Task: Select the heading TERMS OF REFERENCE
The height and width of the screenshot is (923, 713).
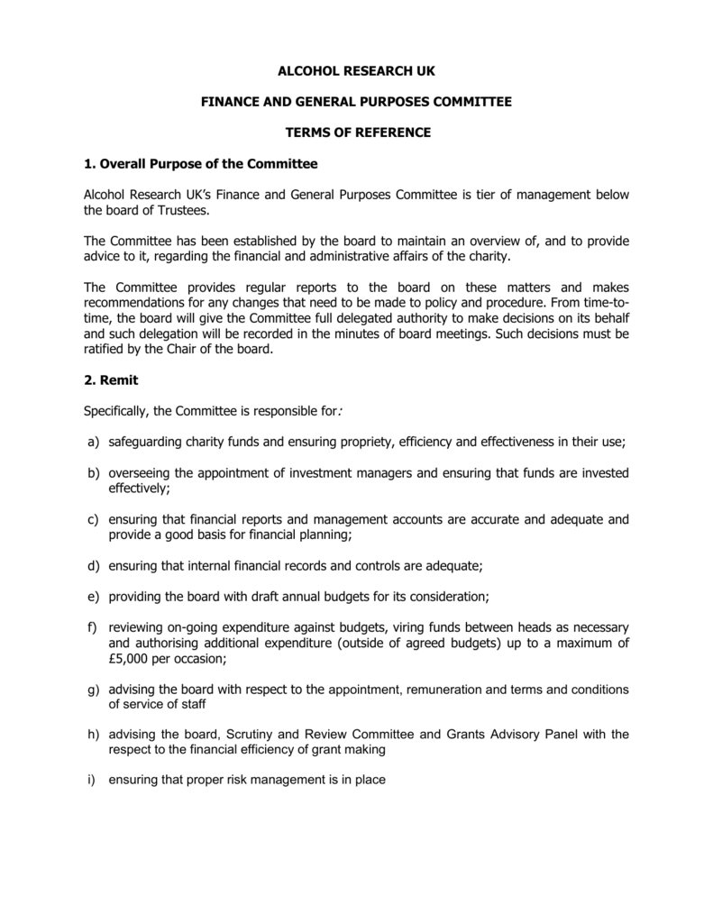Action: click(x=358, y=133)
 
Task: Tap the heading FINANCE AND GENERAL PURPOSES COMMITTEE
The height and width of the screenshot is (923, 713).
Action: click(x=356, y=102)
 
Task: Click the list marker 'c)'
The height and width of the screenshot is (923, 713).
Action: click(x=93, y=519)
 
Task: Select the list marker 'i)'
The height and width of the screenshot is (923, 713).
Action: click(x=91, y=780)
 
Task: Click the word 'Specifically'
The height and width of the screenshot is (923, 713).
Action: click(x=118, y=412)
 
